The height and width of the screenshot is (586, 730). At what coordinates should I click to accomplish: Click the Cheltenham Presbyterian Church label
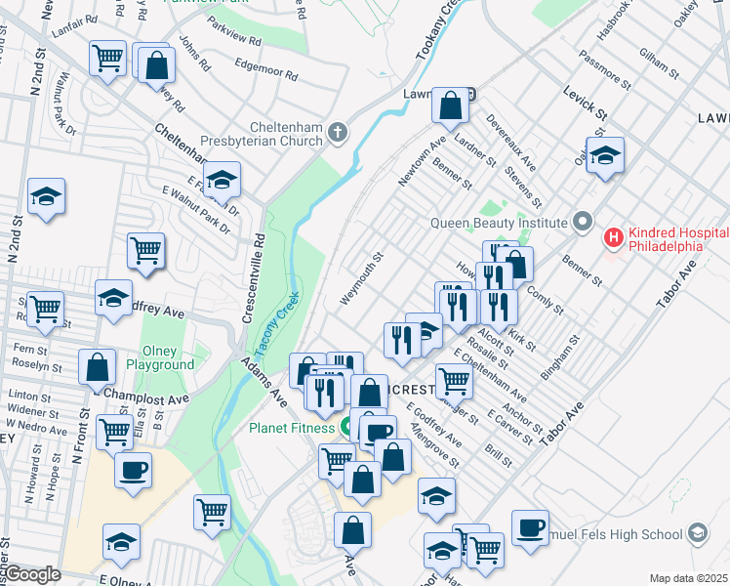(x=261, y=133)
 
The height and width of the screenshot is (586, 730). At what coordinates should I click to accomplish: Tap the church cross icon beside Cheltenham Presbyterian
(x=338, y=132)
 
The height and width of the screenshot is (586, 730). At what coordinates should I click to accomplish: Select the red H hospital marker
(x=614, y=237)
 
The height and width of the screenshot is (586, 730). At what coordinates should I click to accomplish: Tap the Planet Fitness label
(x=291, y=426)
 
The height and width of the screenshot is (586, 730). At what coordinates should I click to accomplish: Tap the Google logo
(x=32, y=574)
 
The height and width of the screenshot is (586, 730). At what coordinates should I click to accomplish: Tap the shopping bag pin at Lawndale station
(x=449, y=105)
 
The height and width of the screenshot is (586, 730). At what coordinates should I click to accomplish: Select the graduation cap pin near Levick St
(x=605, y=153)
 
